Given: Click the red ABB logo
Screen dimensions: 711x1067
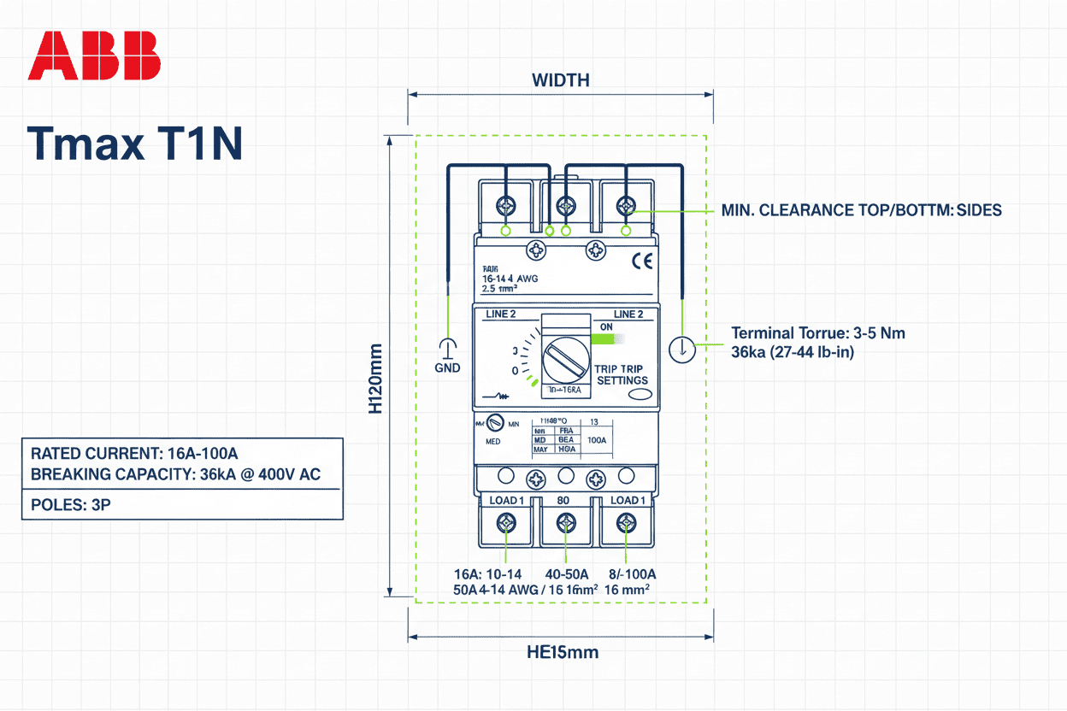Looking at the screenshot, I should [94, 56].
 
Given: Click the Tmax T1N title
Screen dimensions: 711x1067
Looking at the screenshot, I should [135, 144].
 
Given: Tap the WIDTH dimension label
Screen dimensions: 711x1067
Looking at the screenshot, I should [560, 81].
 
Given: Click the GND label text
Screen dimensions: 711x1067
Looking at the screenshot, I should [447, 367].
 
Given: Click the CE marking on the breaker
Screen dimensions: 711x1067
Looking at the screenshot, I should [641, 261].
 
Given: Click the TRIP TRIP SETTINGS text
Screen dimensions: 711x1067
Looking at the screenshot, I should [622, 373].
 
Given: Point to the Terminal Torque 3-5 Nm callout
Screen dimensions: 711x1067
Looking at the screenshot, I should [817, 333].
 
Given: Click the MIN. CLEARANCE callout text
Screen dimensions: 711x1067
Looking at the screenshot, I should [861, 210].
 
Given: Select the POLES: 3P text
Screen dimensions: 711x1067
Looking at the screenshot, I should [71, 504].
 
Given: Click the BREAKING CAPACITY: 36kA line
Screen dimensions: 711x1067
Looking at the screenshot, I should [175, 474].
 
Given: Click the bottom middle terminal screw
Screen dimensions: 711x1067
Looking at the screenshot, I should [564, 522].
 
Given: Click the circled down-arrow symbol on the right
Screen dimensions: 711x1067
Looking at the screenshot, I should [682, 350].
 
